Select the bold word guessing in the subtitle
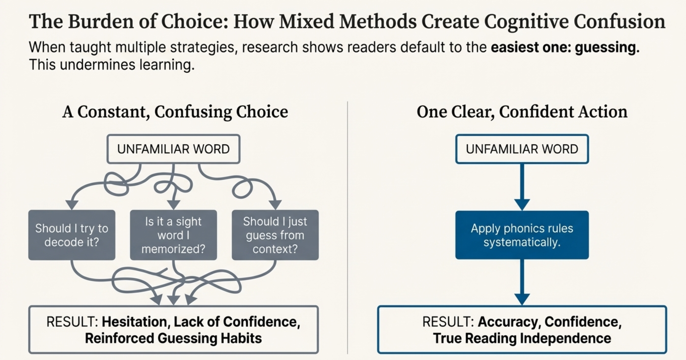[607, 47]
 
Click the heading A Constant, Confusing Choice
[175, 112]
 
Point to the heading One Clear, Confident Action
[522, 112]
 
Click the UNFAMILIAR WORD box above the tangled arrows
[173, 149]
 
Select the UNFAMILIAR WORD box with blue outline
[522, 149]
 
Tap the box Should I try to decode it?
[72, 235]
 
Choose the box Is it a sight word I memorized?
[173, 235]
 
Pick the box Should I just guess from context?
[275, 235]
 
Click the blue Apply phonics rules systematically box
[522, 235]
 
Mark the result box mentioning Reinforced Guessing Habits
[173, 330]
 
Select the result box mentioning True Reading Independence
[522, 330]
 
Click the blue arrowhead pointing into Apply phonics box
[522, 204]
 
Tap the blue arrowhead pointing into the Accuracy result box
[522, 299]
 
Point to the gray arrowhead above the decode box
[72, 205]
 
